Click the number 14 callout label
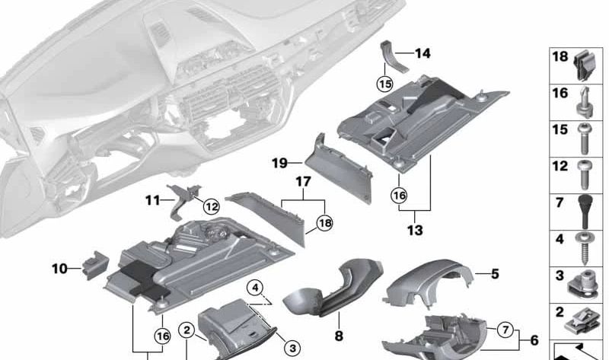(x=422, y=53)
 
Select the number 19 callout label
(x=279, y=162)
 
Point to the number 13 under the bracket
(x=415, y=229)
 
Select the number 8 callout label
(x=339, y=335)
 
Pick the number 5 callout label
(x=495, y=273)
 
